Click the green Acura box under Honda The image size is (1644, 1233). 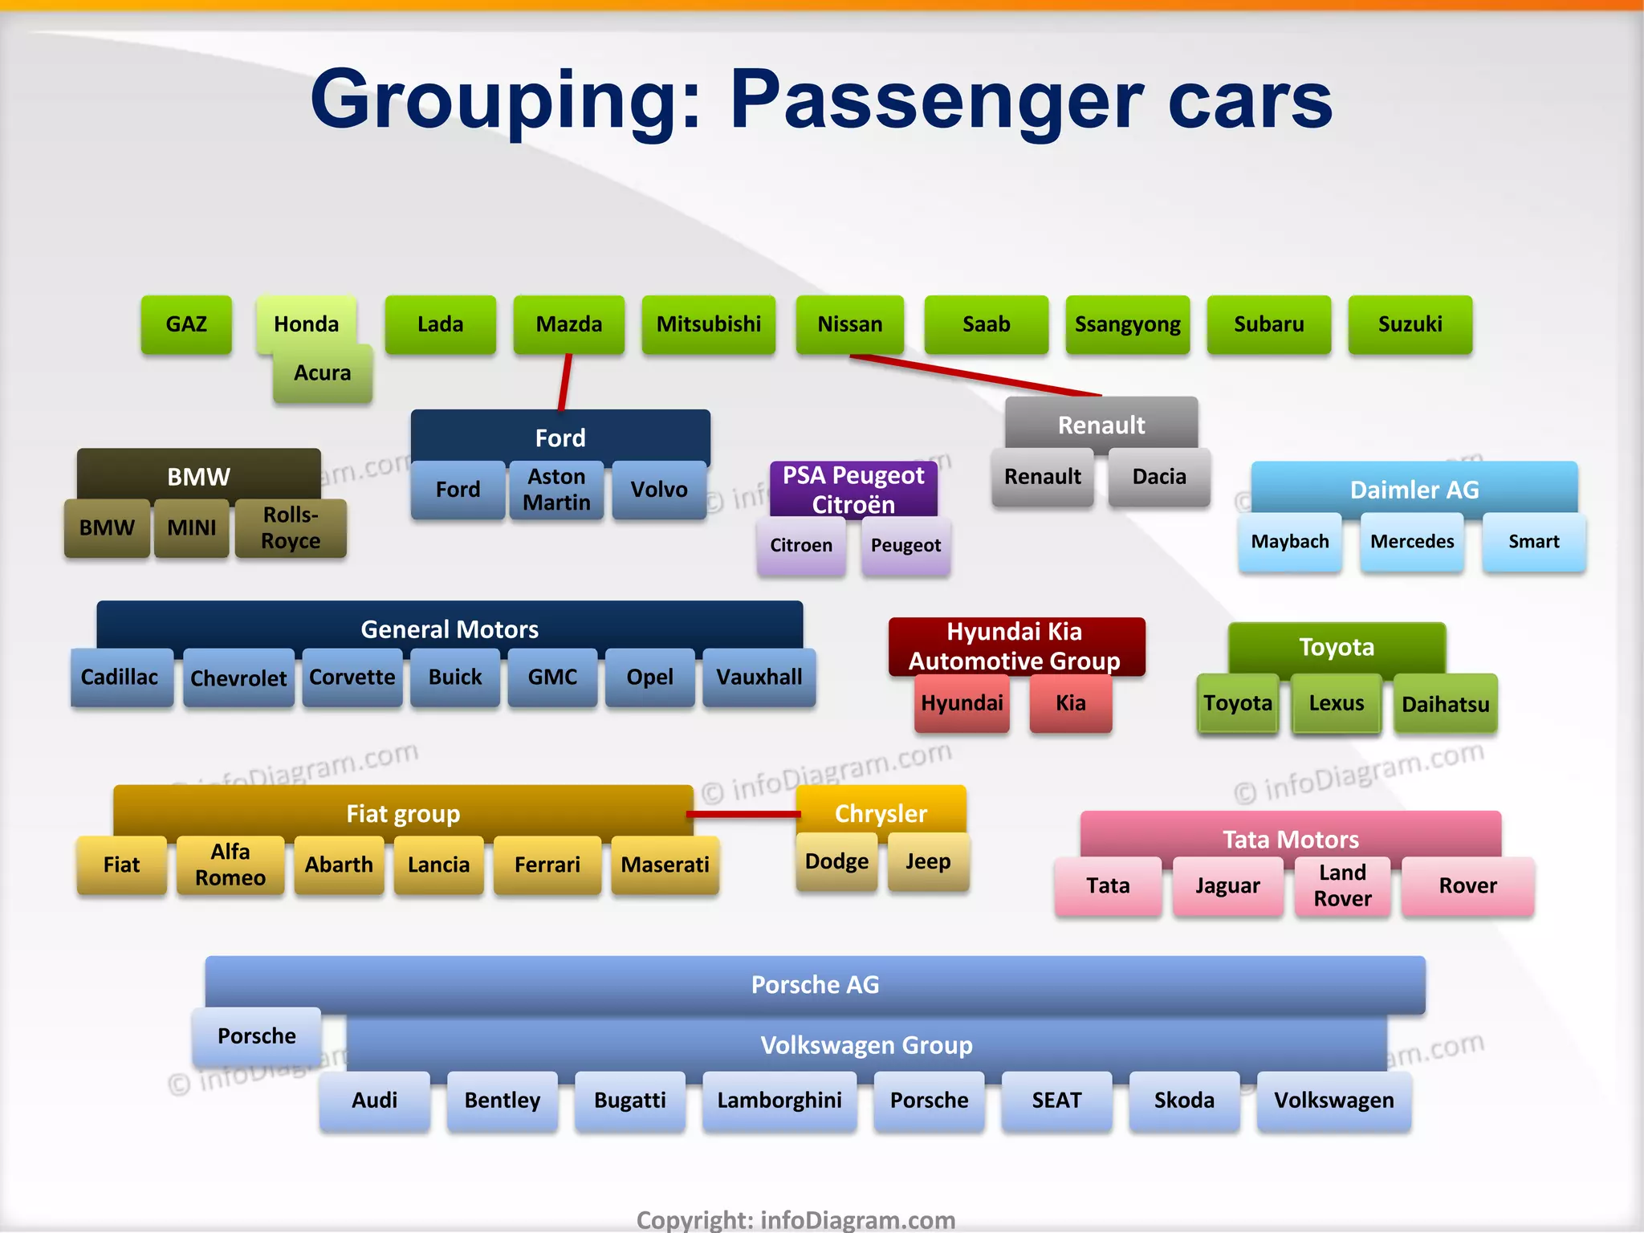point(323,374)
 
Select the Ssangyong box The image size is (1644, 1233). point(1127,324)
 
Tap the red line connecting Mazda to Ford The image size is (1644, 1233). point(565,382)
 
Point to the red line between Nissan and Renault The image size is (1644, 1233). point(975,375)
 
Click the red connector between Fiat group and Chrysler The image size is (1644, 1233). point(743,814)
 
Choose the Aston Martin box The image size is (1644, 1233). point(556,490)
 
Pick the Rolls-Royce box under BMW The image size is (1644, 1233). point(291,528)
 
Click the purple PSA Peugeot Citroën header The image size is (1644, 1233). point(853,489)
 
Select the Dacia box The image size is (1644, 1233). point(1158,477)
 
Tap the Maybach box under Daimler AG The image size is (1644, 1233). point(1289,542)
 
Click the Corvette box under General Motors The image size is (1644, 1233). point(352,678)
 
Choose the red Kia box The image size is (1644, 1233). point(1070,703)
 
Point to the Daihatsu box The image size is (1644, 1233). point(1445,704)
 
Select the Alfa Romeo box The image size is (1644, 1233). point(230,865)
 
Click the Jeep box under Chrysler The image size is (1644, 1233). point(928,862)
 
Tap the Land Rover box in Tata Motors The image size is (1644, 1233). point(1342,886)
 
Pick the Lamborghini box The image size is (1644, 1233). point(779,1101)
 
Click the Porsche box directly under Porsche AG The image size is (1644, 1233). point(257,1036)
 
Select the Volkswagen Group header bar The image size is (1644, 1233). point(866,1045)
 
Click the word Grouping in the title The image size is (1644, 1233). point(506,100)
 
